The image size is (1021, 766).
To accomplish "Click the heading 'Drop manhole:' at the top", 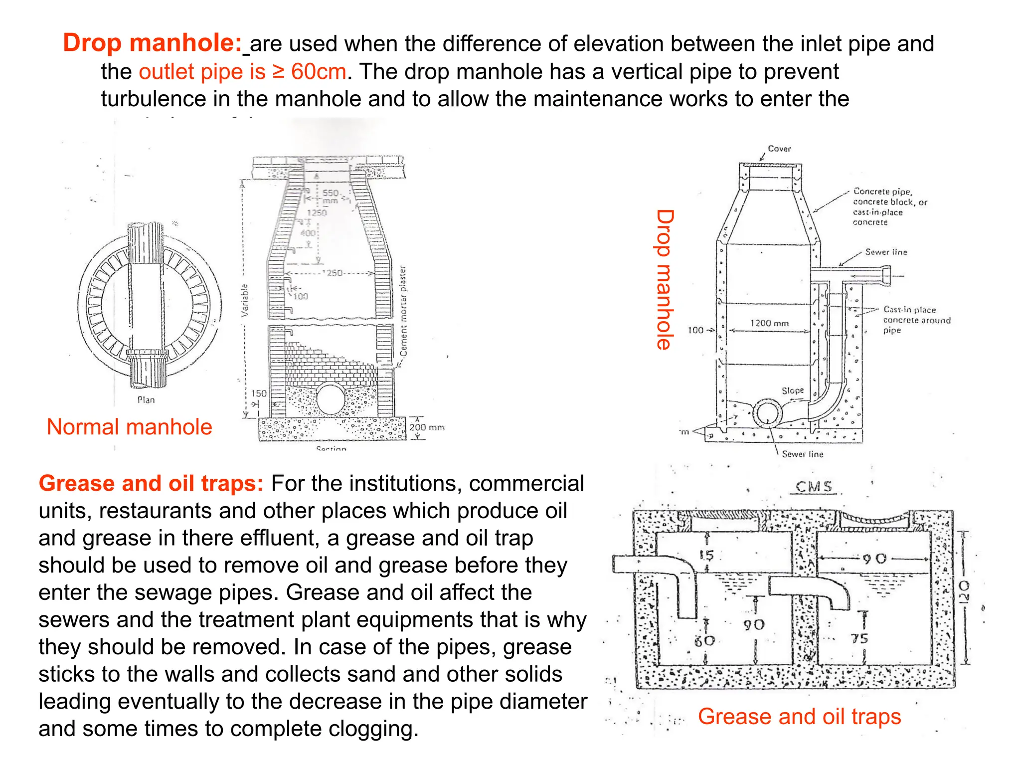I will coord(152,43).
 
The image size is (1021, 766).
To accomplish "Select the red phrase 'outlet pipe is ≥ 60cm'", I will coord(242,72).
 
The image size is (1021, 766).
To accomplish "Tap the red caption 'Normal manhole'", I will coord(129,427).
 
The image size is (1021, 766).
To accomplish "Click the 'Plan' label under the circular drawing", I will coord(146,400).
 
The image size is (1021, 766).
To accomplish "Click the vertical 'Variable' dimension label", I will coord(245,300).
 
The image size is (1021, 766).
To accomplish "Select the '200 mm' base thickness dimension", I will coord(426,427).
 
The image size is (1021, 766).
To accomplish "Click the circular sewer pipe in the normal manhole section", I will coord(331,398).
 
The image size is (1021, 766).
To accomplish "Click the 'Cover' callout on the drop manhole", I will coord(779,149).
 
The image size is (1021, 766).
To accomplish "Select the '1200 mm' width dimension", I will coord(769,324).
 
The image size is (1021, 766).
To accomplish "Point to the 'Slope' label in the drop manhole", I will coord(793,390).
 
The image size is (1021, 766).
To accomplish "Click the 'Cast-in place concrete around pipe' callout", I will coord(916,320).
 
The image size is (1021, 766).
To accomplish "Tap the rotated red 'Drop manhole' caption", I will coord(665,279).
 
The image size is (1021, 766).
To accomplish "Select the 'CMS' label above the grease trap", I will coord(814,486).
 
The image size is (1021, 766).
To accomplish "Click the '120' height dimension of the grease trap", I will coord(964,591).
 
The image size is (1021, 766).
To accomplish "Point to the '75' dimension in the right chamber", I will coord(859,638).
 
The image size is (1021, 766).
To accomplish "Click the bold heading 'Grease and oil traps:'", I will coord(151,483).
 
